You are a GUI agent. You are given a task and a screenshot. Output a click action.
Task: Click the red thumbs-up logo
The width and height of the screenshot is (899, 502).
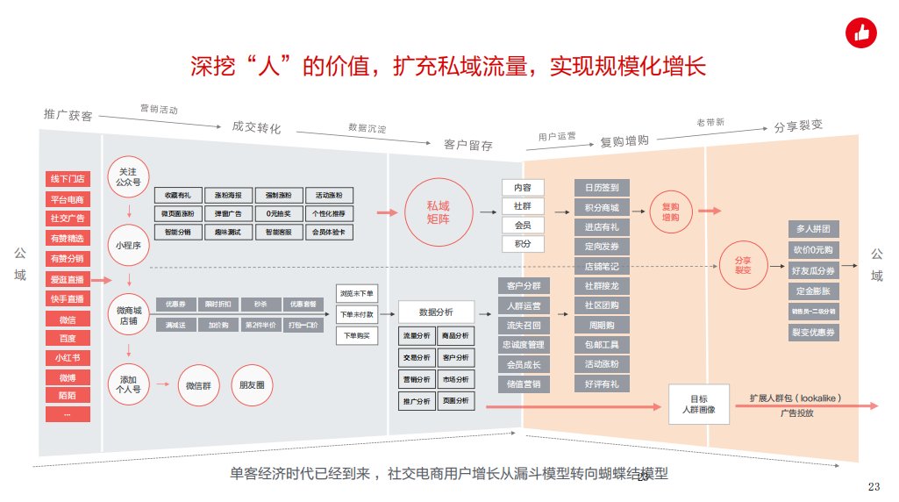pos(860,33)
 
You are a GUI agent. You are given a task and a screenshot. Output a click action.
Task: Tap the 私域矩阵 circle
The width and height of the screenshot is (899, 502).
pos(438,212)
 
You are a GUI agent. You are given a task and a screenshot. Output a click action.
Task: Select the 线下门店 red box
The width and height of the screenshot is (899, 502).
pos(68,179)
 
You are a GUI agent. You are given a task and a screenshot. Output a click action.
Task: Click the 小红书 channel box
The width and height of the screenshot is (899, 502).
pos(68,358)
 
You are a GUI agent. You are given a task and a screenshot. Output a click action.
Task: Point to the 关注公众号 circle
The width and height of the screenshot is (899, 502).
pos(128,177)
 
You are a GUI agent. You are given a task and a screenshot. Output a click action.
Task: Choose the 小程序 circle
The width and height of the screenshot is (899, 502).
pos(128,246)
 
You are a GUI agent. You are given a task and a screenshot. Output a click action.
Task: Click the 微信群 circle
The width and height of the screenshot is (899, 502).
pos(201,385)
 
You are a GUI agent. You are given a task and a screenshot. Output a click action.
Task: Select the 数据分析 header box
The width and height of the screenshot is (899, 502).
pos(436,312)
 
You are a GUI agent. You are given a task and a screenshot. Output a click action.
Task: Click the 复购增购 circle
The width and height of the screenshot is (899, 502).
pos(670,212)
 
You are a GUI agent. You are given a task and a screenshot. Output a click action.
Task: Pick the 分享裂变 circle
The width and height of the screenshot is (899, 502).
pos(742,264)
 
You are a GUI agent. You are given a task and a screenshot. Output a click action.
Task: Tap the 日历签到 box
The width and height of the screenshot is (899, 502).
pos(602,188)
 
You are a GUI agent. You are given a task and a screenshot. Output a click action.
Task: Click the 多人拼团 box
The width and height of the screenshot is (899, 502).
pos(813,229)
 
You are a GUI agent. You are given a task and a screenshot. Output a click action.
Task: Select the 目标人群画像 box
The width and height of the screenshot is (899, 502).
pos(698,403)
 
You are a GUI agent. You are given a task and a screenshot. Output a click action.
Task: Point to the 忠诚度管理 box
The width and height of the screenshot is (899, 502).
pos(524,345)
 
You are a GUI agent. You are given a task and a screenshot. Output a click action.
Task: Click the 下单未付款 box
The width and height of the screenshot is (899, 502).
pos(356,314)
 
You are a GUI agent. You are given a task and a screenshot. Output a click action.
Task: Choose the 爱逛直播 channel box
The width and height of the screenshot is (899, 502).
pos(68,280)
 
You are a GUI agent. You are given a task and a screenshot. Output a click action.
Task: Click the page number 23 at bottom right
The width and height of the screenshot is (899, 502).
pos(873,487)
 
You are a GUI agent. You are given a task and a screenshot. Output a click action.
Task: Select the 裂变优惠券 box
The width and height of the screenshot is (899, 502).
pos(813,333)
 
